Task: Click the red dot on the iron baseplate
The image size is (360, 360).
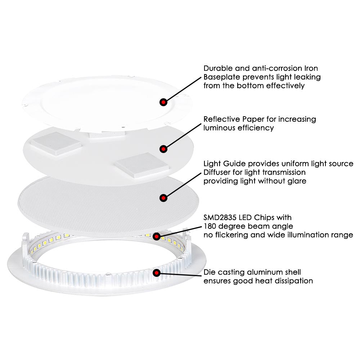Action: [163, 102]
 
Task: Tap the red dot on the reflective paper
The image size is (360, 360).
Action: [163, 148]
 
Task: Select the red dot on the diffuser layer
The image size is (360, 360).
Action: [163, 197]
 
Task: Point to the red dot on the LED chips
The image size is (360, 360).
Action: [157, 236]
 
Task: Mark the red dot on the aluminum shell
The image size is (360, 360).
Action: [157, 273]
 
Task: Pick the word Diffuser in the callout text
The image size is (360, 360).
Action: [217, 172]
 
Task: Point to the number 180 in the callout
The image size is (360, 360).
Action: [211, 226]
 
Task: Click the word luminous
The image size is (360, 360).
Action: [220, 128]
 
